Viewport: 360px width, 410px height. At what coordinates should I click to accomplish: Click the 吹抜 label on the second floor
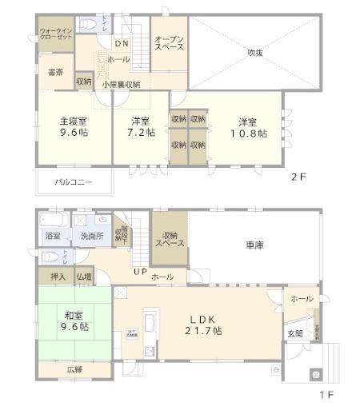click(255, 53)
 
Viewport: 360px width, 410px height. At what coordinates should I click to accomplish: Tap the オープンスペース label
click(169, 42)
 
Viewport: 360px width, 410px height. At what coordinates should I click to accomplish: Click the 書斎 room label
click(55, 73)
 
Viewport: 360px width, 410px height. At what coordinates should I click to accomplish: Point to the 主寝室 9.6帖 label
click(72, 128)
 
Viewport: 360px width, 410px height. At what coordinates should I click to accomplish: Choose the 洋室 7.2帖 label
click(143, 128)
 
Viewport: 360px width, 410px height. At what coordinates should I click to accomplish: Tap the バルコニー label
click(74, 182)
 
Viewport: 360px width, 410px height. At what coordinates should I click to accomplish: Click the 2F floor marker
click(298, 177)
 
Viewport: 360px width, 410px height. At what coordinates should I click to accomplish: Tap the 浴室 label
click(53, 237)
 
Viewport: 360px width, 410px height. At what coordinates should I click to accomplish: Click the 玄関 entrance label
click(294, 333)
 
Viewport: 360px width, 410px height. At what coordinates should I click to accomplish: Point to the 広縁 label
click(74, 368)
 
